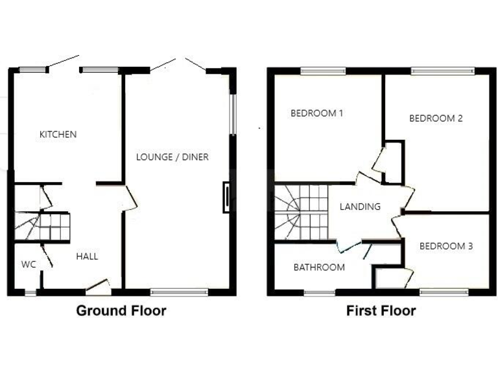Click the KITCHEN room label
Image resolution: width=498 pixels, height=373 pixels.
point(58,135)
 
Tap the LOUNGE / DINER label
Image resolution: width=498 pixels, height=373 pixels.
point(172,157)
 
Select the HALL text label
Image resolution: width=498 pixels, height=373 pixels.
point(87,256)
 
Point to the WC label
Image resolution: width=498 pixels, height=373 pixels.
point(28,264)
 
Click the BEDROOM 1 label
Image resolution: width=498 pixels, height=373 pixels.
point(316,113)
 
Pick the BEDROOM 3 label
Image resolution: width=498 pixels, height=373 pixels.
point(445,246)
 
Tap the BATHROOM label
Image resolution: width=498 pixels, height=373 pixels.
point(319,267)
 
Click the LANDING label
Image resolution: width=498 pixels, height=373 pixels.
point(361,207)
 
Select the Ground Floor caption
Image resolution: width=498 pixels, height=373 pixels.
point(121,311)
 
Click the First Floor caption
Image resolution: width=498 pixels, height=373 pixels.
point(381,311)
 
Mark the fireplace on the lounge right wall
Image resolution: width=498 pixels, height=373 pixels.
point(226,198)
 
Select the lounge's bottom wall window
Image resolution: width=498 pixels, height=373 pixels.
point(179,292)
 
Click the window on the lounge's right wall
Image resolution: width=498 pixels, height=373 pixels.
point(233,115)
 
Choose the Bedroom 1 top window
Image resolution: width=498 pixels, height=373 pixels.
point(322,71)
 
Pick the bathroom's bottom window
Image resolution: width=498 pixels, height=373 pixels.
point(320,293)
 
